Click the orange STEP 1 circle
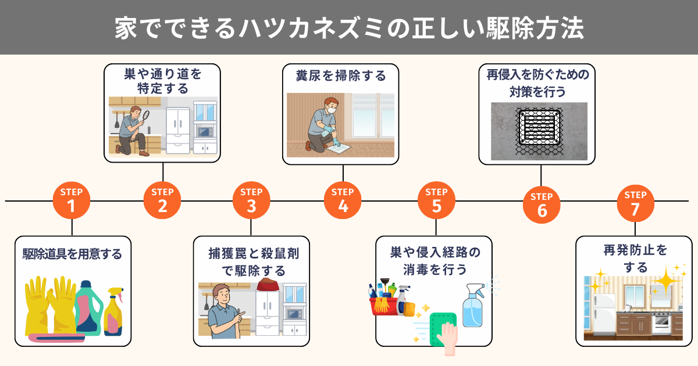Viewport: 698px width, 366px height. point(72,200)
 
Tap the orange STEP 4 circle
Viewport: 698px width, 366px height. point(343,200)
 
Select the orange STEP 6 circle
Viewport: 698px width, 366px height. point(542,204)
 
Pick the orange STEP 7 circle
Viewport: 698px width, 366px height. point(635,203)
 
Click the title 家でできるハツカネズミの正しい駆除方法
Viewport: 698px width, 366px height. point(349,28)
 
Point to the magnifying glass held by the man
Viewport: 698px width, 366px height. point(145,117)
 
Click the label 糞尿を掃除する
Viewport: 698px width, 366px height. point(341,76)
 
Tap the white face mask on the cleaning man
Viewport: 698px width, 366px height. point(332,110)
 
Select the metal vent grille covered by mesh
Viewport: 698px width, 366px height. point(539,128)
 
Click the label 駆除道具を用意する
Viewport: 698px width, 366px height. point(72,254)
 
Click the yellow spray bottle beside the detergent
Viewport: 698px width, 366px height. point(113,311)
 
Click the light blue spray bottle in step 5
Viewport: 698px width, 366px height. point(473,306)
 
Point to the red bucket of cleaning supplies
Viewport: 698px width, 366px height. point(384,306)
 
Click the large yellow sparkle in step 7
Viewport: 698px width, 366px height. point(665,281)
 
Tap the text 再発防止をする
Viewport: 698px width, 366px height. point(635,259)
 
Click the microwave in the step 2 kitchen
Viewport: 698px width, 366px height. point(204,132)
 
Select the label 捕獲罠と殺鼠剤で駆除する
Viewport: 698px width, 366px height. point(254,262)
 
